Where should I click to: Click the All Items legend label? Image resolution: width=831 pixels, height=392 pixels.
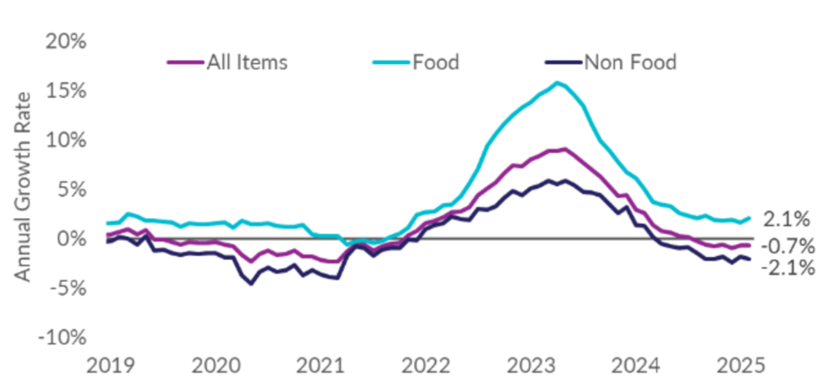click(x=246, y=61)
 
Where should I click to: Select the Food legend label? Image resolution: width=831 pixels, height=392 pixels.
click(x=436, y=61)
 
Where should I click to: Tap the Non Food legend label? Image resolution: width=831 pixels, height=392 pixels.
click(x=629, y=61)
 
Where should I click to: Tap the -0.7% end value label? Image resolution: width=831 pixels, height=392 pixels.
click(x=787, y=246)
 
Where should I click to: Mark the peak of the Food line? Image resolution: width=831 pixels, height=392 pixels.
click(x=557, y=83)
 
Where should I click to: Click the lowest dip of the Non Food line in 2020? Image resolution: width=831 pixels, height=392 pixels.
click(x=251, y=283)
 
